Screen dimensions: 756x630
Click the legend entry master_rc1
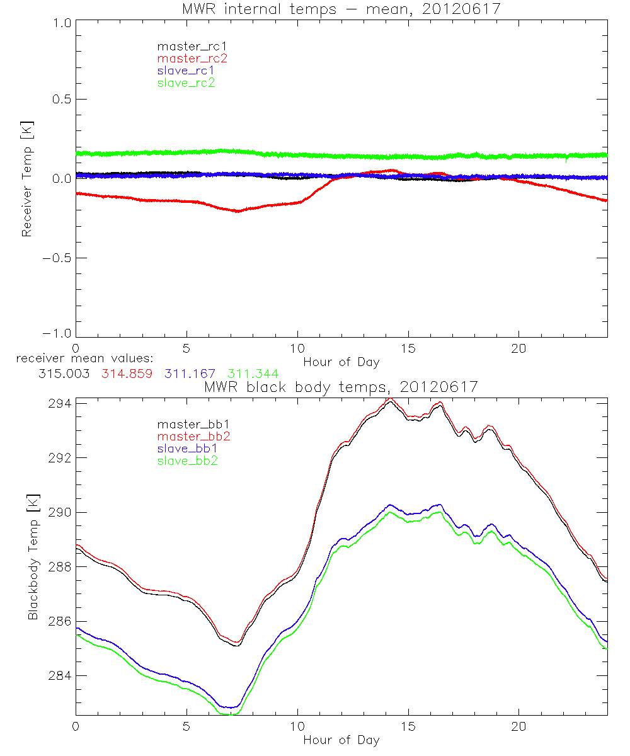[186, 46]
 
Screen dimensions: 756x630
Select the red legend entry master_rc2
[192, 58]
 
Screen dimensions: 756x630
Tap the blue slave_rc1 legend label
[186, 70]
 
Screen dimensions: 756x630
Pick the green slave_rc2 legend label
[186, 82]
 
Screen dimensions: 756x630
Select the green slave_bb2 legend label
[186, 461]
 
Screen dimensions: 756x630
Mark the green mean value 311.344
[253, 374]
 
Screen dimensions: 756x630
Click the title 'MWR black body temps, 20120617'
[341, 387]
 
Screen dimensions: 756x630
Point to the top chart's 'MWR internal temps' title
[341, 8]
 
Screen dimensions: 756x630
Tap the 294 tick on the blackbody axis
[60, 403]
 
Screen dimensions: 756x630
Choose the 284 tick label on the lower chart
[60, 675]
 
